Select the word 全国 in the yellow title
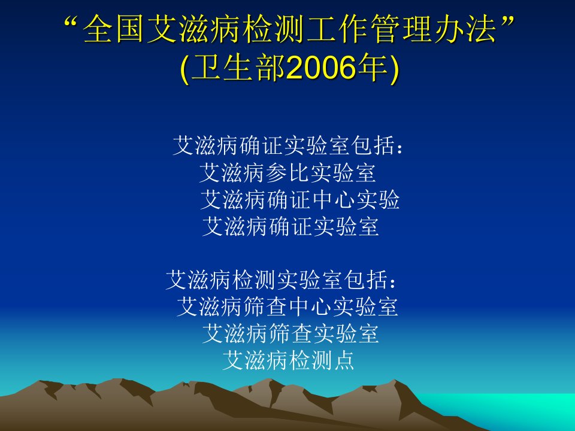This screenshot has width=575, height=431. (x=113, y=29)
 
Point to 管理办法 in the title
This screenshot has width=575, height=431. (x=432, y=29)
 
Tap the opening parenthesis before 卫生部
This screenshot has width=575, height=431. (x=185, y=69)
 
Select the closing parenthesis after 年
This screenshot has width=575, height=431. (x=394, y=69)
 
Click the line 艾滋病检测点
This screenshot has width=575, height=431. (x=288, y=360)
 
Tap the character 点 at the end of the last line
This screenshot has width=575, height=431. (x=343, y=360)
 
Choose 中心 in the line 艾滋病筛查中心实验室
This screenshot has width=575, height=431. (x=310, y=306)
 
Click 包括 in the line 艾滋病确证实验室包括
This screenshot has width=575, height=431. (x=374, y=145)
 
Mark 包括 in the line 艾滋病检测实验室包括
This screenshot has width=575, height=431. (x=367, y=280)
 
